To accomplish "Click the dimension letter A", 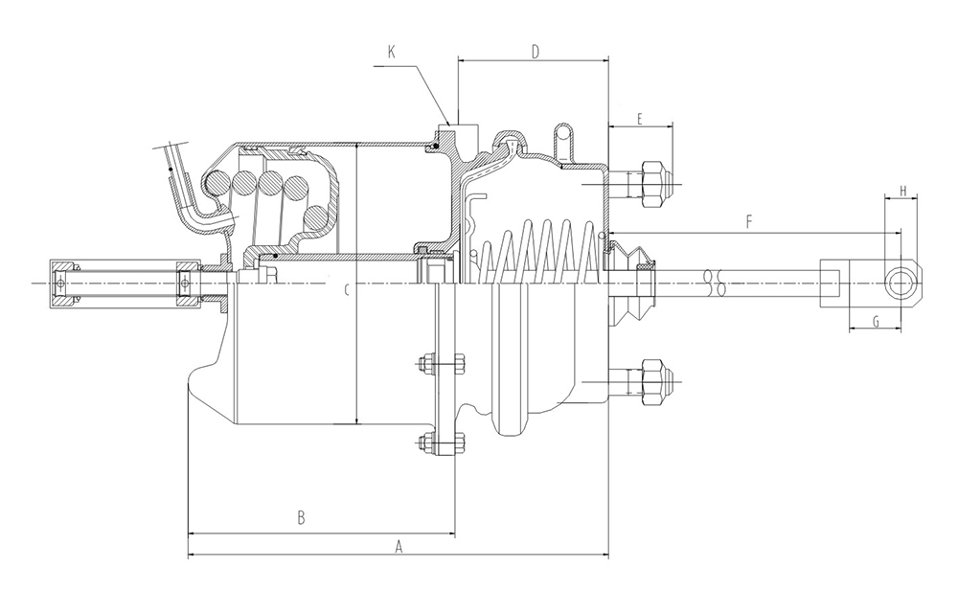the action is [x=399, y=546].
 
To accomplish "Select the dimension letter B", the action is [x=301, y=518].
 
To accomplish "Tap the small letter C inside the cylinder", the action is [x=347, y=290].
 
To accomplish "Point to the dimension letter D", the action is [x=536, y=52].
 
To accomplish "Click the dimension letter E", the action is [x=640, y=119].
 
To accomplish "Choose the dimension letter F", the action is [x=750, y=222].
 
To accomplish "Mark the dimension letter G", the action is [x=877, y=321].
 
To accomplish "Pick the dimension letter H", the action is [x=902, y=192].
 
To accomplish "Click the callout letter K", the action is [x=392, y=52].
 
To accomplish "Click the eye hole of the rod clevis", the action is [x=900, y=284].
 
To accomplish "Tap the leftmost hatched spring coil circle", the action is [x=217, y=183].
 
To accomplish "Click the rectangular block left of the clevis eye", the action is [x=833, y=284].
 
